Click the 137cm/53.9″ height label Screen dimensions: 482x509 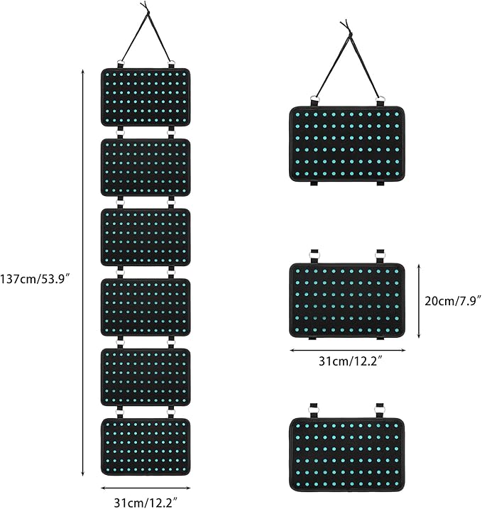point(35,278)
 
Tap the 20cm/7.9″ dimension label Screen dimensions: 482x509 point(453,301)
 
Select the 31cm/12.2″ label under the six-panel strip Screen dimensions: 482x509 point(146,503)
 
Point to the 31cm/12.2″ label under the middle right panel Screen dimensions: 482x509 point(351,361)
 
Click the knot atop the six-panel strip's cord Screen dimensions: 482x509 point(148,11)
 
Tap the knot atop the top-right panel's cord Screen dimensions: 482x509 point(349,33)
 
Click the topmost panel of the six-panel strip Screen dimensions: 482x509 point(146,97)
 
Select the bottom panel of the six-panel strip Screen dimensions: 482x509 point(146,447)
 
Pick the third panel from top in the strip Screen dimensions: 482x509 point(146,237)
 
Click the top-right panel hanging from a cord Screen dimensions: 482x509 point(347,143)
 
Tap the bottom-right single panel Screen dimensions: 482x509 point(347,455)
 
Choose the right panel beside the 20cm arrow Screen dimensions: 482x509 point(347,300)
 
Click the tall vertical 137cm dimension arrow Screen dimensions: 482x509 point(83,273)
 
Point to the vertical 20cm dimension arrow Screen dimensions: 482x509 point(419,301)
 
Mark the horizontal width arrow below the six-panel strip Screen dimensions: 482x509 point(146,488)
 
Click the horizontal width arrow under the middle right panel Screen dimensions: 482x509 point(347,350)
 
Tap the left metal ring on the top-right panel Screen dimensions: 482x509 point(314,99)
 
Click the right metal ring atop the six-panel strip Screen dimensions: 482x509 point(171,63)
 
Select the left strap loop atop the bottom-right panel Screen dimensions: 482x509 point(314,410)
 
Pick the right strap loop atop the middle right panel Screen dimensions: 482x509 point(380,256)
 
